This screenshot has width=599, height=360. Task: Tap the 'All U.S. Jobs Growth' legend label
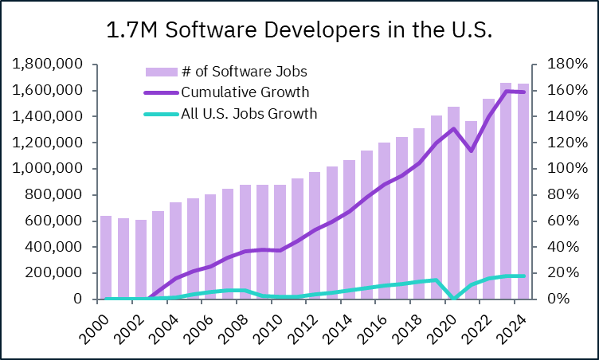(x=249, y=114)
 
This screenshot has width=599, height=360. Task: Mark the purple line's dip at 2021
(x=471, y=150)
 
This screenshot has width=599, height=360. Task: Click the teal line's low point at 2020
(x=453, y=299)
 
